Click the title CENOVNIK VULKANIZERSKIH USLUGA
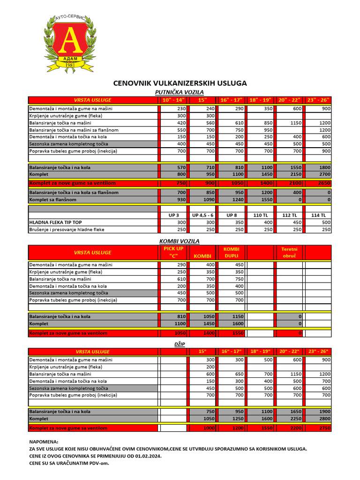tap(180, 83)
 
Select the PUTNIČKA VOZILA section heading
tap(180, 92)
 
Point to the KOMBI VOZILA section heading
tap(180, 241)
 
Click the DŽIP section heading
tap(180, 344)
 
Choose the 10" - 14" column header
tap(174, 100)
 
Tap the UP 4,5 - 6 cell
tap(203, 215)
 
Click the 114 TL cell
tap(319, 215)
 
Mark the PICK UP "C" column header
tap(173, 252)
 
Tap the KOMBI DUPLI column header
tap(232, 252)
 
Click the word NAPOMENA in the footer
tap(44, 442)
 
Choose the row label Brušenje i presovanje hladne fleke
tap(67, 230)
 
